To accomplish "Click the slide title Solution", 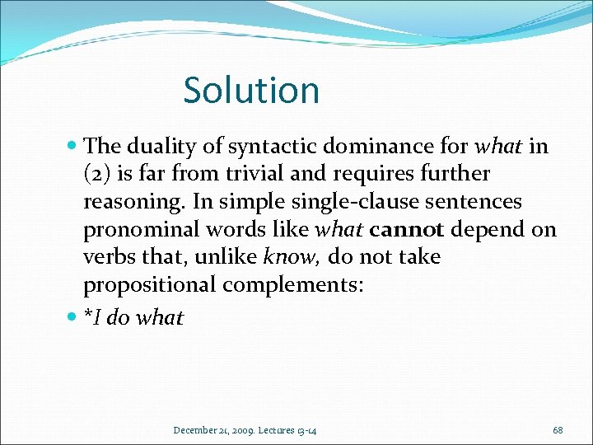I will pyautogui.click(x=251, y=90).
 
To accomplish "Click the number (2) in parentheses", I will pyautogui.click(x=98, y=175).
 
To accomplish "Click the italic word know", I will pyautogui.click(x=291, y=258).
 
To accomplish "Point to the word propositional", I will pyautogui.click(x=152, y=286).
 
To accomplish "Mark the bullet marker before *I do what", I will pyautogui.click(x=74, y=317).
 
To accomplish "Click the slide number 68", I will pyautogui.click(x=558, y=430).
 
